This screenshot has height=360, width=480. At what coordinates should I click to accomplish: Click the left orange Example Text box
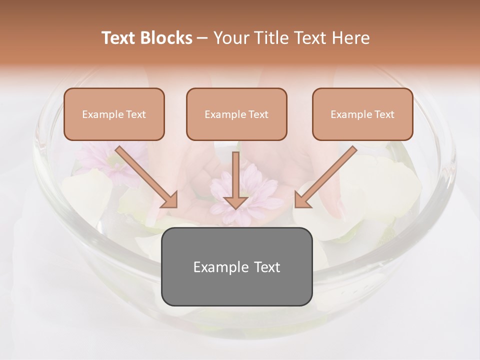pos(114,114)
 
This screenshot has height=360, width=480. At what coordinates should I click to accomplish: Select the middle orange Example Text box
pos(236,114)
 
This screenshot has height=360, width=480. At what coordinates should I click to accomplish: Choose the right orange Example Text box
pos(362,114)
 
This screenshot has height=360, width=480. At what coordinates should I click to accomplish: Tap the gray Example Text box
pos(236,266)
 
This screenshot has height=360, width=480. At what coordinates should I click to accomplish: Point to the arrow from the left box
pos(145,175)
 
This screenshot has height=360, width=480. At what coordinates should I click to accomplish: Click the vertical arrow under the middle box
pos(236,180)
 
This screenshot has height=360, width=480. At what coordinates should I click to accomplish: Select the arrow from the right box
pos(326,175)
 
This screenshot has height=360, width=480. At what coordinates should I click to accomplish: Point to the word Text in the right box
pos(384,114)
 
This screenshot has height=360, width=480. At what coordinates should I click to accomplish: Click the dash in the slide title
pos(202,38)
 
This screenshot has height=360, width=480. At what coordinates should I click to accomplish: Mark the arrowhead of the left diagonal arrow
pos(170,200)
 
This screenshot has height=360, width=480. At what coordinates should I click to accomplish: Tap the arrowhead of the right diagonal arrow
pos(302,200)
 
